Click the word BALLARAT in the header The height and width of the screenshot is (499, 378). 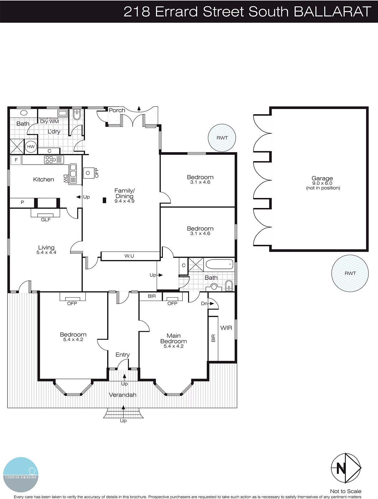tap(332, 12)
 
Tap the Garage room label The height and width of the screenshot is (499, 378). tap(322, 178)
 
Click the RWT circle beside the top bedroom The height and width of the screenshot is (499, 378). tap(222, 138)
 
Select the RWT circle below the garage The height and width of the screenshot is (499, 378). tap(350, 273)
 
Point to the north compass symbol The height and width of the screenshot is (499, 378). tap(346, 468)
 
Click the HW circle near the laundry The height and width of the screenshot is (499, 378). tap(31, 147)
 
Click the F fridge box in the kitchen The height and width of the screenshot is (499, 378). tap(16, 160)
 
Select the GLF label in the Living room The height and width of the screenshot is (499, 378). tap(46, 220)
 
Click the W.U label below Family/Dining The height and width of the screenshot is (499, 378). tap(129, 256)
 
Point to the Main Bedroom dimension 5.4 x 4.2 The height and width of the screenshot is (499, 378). tap(173, 346)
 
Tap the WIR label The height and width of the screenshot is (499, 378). tap(226, 328)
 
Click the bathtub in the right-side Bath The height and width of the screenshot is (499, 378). tap(220, 265)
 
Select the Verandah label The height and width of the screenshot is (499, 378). tap(123, 395)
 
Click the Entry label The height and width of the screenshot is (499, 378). tap(122, 355)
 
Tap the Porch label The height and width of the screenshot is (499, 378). tap(117, 110)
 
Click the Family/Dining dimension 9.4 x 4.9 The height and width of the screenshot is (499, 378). tap(124, 201)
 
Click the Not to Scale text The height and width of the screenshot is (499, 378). tap(346, 491)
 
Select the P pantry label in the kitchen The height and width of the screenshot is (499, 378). tap(22, 202)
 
